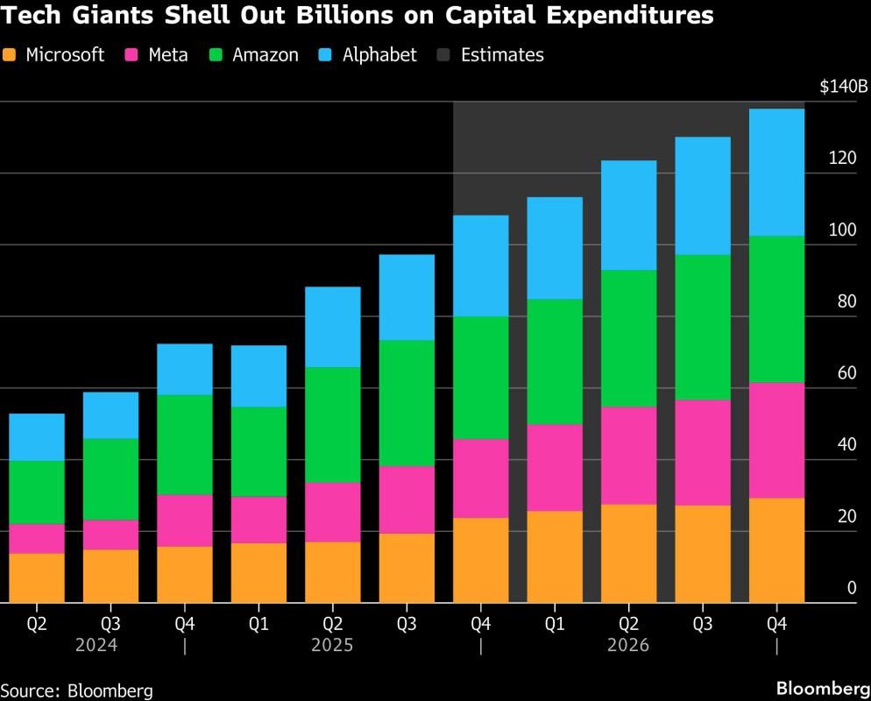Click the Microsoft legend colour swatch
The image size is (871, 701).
tap(10, 55)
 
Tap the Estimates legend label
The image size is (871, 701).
tap(501, 55)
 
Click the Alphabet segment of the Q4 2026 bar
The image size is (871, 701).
tap(776, 172)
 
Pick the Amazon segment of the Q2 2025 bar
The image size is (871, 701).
tap(332, 424)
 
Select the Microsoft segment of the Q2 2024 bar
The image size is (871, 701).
tap(37, 577)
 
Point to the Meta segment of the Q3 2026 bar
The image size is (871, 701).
tap(702, 452)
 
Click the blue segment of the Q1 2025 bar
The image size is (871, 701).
tap(258, 376)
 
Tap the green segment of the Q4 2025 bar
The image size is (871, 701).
tap(480, 377)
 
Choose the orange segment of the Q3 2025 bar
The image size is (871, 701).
tap(407, 567)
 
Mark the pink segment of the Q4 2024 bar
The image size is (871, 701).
tap(185, 520)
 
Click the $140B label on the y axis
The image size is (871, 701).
tap(843, 87)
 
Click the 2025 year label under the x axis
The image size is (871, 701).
tap(332, 646)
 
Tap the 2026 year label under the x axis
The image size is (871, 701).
tap(628, 646)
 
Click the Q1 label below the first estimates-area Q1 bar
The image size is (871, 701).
tap(555, 625)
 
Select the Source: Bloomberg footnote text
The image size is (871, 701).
tap(76, 690)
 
